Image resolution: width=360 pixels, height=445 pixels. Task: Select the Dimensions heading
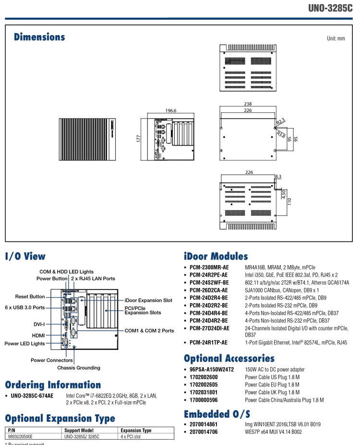(x=39, y=37)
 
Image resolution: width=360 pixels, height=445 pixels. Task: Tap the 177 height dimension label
(x=138, y=138)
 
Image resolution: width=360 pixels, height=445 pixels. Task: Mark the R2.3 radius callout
(x=280, y=120)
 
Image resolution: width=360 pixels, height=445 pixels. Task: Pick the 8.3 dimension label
(x=278, y=177)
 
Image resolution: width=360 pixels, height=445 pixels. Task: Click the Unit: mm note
(x=336, y=38)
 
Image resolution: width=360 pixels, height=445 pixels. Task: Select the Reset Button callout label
(x=30, y=297)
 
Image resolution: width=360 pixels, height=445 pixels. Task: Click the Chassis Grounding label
(x=79, y=368)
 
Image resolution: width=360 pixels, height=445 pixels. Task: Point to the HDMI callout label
(x=38, y=335)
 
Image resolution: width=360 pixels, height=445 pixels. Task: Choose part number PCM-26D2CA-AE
(x=209, y=290)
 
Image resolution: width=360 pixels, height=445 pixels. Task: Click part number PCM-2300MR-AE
(x=209, y=267)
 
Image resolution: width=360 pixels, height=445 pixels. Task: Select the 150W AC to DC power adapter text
(x=274, y=369)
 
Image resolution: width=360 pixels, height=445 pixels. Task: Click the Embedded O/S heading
(x=217, y=414)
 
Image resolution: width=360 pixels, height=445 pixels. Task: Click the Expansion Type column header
(x=136, y=431)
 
